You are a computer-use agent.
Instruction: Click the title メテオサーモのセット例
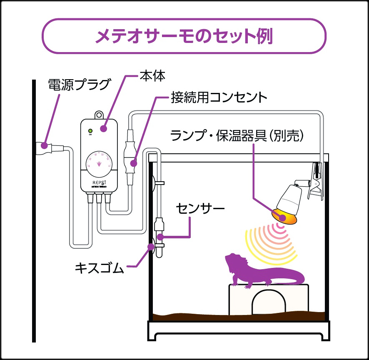[x=184, y=36]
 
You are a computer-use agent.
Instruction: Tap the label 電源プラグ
[x=79, y=85]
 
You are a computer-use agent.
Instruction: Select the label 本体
[x=152, y=76]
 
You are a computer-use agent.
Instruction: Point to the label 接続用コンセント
[x=219, y=98]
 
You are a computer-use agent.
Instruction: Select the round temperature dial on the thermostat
[x=99, y=163]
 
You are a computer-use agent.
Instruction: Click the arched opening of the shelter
[x=268, y=301]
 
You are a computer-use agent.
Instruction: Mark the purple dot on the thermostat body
[x=103, y=128]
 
